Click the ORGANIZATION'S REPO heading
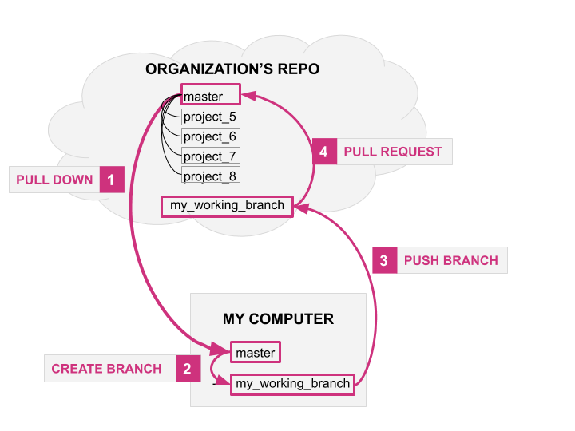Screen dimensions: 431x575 [232, 69]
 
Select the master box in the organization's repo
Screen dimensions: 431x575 [210, 97]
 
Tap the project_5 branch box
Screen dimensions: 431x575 [211, 117]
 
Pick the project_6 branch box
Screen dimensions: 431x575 [211, 136]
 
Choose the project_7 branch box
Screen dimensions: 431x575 [211, 156]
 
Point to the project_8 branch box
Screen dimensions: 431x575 [211, 176]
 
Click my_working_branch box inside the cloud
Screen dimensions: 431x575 [227, 205]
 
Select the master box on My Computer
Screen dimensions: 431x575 [256, 352]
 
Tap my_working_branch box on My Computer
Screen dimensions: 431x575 [292, 383]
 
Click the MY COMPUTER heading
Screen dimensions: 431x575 [278, 319]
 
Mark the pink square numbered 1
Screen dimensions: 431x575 [111, 180]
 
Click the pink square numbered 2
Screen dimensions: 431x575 [187, 368]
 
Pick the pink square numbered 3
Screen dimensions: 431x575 [384, 260]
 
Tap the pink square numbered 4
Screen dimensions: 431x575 [323, 152]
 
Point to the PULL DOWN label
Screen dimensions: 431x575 [55, 180]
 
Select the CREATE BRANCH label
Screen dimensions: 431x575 [106, 369]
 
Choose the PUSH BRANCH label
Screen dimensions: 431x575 [450, 260]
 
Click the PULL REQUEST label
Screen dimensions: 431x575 [392, 152]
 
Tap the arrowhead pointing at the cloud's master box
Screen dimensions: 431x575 [248, 95]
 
